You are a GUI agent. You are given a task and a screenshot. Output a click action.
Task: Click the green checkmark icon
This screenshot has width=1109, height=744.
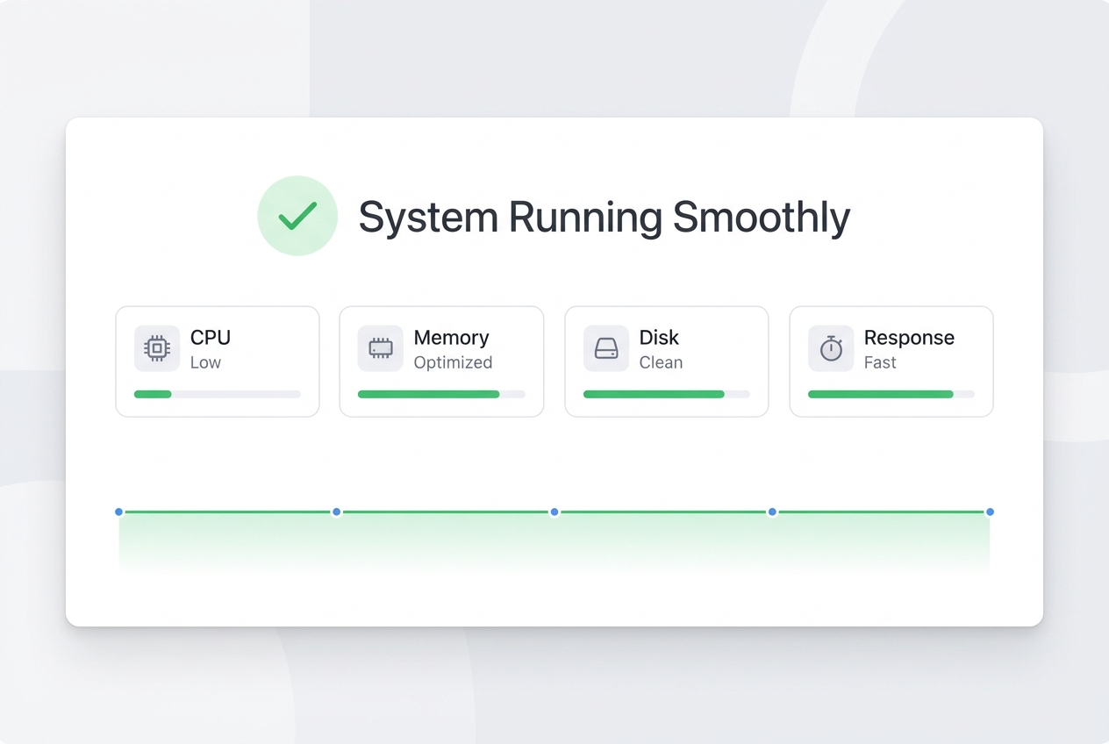[x=297, y=216]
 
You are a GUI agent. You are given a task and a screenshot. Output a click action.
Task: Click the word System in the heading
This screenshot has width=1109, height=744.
[x=428, y=218]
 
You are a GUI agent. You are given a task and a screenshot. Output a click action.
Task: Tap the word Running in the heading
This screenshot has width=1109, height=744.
[x=585, y=218]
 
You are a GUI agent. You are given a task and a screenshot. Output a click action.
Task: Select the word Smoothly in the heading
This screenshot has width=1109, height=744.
[x=762, y=218]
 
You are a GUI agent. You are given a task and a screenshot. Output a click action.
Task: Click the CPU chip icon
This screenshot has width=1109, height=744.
[x=157, y=348]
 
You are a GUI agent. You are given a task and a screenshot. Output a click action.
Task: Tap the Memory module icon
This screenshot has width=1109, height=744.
[x=381, y=348]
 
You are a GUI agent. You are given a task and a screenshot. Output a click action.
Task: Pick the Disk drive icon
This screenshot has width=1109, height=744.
[x=606, y=348]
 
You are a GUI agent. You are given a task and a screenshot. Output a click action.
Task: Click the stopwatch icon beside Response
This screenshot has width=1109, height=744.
[x=831, y=348]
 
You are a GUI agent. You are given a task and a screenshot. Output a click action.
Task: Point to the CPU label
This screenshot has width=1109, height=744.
[x=211, y=338]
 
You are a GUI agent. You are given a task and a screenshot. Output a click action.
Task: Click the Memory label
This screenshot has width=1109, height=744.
[x=452, y=338]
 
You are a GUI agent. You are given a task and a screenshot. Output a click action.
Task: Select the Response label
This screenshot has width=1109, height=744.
[x=909, y=338]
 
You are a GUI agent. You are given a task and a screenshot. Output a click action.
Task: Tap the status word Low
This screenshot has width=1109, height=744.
[x=205, y=363]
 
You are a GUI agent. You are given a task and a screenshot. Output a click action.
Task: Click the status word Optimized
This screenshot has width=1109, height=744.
[x=453, y=363]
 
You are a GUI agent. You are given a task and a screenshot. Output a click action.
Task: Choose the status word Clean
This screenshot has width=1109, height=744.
[x=661, y=363]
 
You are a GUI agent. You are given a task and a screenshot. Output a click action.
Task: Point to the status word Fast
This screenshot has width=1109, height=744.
[x=880, y=363]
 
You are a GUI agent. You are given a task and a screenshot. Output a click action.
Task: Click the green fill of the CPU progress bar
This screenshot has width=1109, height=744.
[x=153, y=395]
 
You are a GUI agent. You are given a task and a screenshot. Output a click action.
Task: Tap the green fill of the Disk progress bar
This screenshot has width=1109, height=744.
[x=654, y=395]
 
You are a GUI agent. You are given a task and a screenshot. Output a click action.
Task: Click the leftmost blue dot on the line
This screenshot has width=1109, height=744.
[x=118, y=511]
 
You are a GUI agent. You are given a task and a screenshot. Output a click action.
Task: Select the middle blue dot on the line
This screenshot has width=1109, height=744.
[x=554, y=511]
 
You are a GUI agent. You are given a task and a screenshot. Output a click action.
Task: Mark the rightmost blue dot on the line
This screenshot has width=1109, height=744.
[x=991, y=511]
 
